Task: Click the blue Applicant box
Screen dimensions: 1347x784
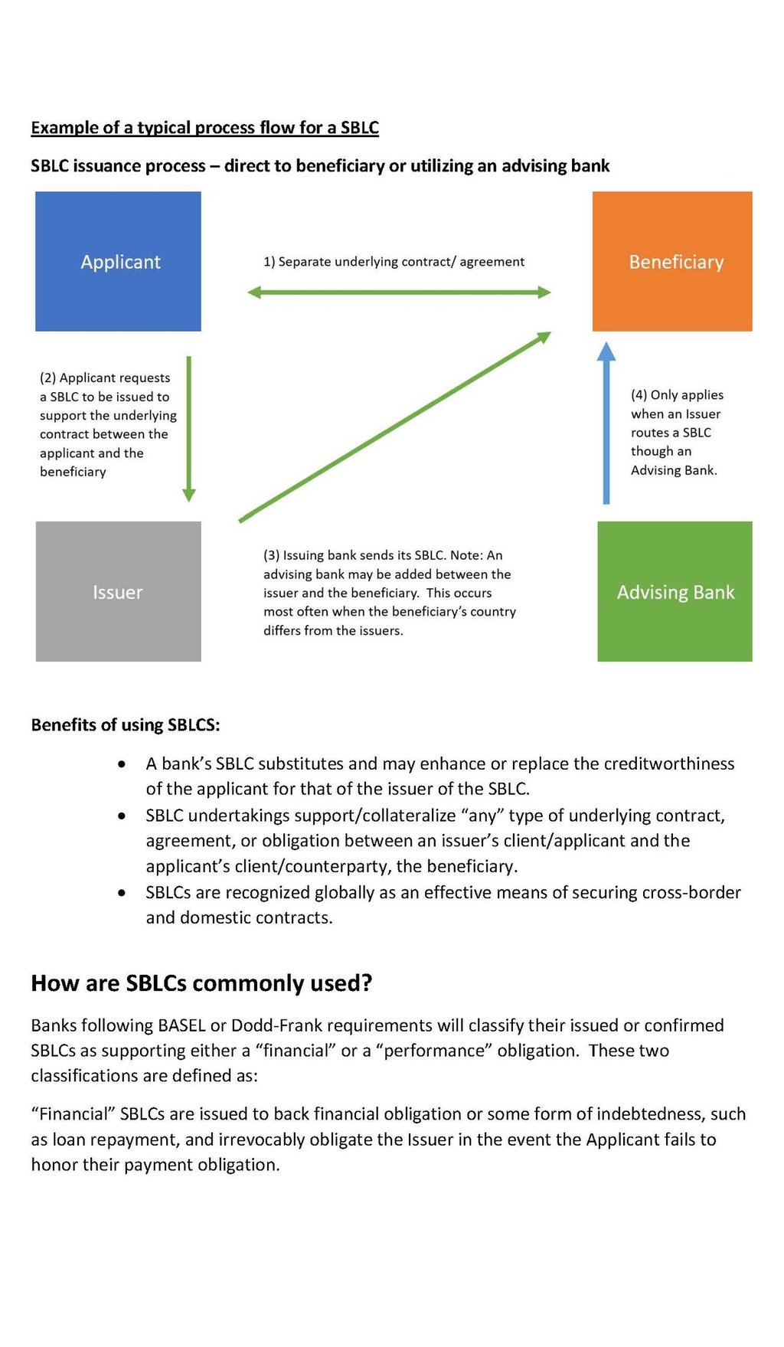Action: [x=118, y=261]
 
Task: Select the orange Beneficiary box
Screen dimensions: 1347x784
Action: [x=672, y=261]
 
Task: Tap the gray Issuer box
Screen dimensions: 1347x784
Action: [x=118, y=591]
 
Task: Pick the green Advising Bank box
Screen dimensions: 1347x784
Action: [x=675, y=591]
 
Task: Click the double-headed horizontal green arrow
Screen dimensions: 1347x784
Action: [x=399, y=292]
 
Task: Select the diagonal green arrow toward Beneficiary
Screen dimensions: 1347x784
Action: [x=394, y=427]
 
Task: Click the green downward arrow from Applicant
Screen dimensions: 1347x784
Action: [x=189, y=429]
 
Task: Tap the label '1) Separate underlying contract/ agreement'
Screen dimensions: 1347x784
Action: [x=394, y=262]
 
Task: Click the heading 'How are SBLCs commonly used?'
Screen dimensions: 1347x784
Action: [x=201, y=982]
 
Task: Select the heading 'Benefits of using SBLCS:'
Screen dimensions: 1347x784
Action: [x=126, y=724]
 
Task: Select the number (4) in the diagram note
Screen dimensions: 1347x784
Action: [x=639, y=395]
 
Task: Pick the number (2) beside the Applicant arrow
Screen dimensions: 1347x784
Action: [x=47, y=378]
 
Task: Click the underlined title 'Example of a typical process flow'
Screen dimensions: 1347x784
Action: [x=204, y=127]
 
